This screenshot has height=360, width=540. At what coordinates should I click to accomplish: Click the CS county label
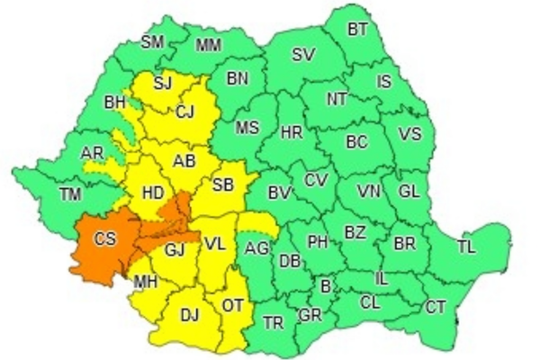(x=105, y=239)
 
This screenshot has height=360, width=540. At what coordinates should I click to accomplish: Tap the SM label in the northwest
(x=154, y=40)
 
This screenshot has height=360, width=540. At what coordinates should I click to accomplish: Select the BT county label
(x=358, y=29)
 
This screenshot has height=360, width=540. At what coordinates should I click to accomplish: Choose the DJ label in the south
(x=190, y=314)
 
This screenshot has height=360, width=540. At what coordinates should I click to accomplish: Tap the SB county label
(x=222, y=184)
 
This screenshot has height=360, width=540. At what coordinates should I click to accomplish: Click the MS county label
(x=247, y=128)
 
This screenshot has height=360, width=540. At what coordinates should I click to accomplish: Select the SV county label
(x=303, y=55)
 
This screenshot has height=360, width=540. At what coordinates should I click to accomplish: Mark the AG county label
(x=256, y=247)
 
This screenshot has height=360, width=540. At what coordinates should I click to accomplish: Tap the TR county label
(x=274, y=321)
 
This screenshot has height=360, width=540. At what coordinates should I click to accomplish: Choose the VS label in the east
(x=410, y=135)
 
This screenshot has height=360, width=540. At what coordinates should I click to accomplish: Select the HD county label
(x=154, y=192)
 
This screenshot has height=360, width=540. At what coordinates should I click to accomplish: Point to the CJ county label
(x=184, y=112)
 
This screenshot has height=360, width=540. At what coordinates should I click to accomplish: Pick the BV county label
(x=282, y=192)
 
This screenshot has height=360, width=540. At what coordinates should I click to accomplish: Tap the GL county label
(x=409, y=192)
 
